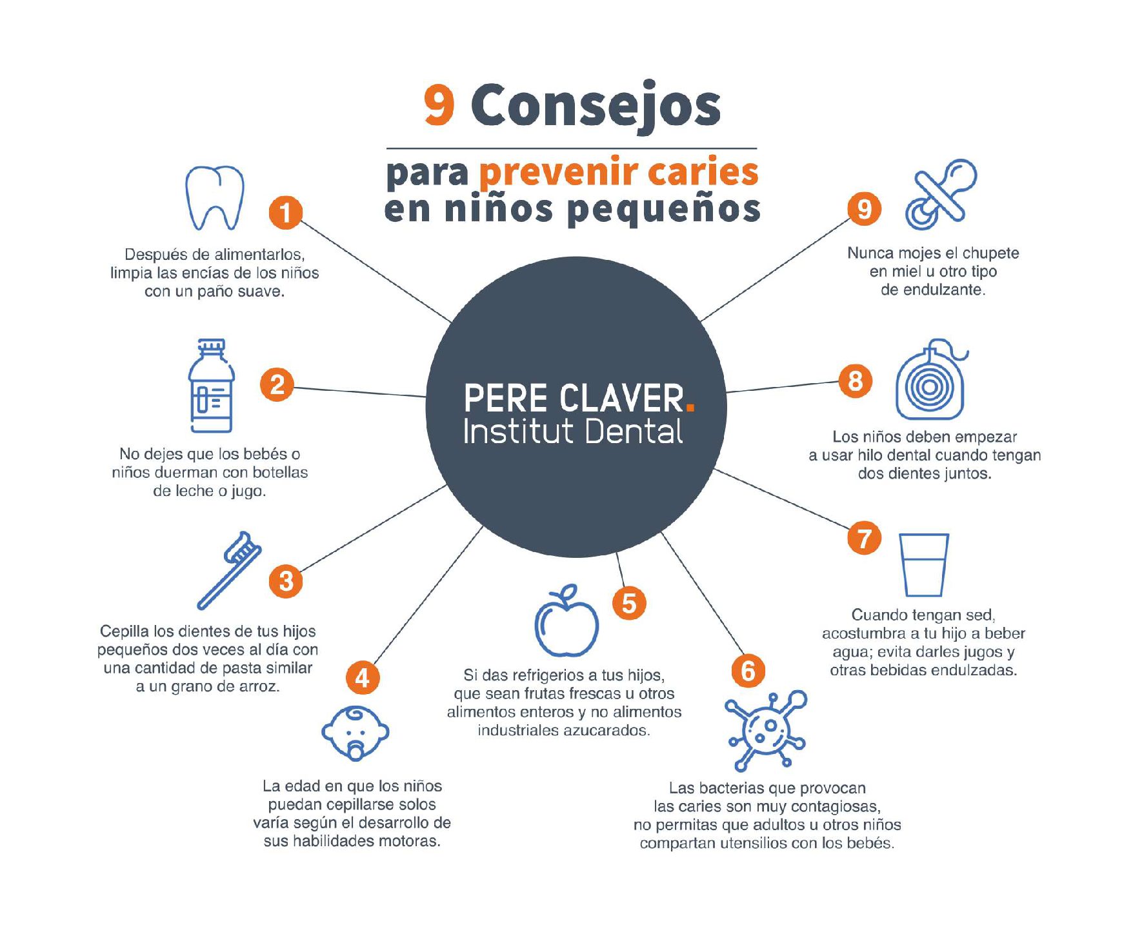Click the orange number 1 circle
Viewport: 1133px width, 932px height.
[x=285, y=212]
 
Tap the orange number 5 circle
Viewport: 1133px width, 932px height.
[x=629, y=603]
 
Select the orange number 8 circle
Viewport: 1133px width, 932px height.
[x=856, y=381]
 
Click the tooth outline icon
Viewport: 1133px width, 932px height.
[x=215, y=198]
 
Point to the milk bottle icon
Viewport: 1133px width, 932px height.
[x=211, y=386]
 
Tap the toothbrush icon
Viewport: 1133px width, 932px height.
[x=229, y=571]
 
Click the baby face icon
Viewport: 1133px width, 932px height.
[x=356, y=733]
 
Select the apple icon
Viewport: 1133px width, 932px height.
[x=566, y=620]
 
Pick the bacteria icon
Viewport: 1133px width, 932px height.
[x=766, y=730]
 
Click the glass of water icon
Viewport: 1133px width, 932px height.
[x=924, y=565]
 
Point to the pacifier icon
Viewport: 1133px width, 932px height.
[x=941, y=194]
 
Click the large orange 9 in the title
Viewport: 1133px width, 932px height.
[x=439, y=105]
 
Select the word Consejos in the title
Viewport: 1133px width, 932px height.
[x=596, y=106]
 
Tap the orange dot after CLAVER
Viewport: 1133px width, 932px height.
[x=690, y=407]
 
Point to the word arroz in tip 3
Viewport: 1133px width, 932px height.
[x=261, y=687]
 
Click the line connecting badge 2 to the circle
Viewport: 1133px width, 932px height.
[x=360, y=392]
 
